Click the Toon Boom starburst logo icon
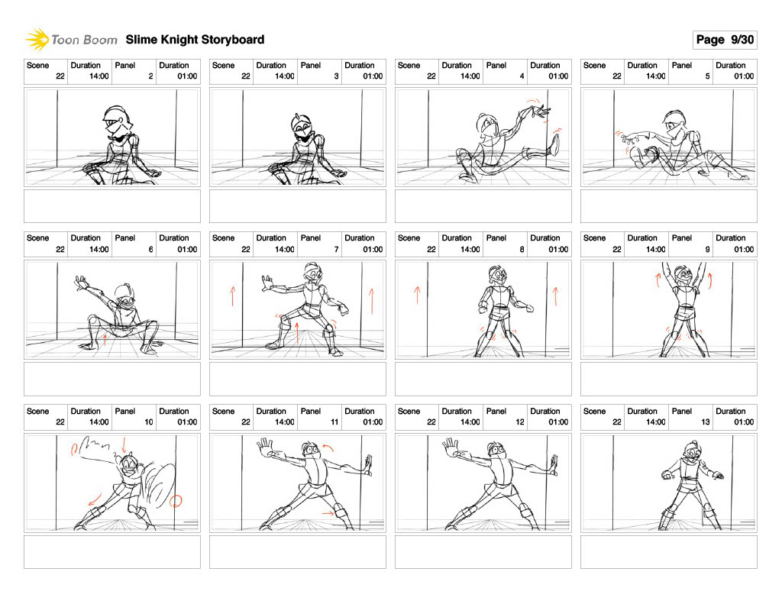pos(37,40)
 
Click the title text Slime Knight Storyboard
pos(195,40)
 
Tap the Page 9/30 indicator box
pos(725,40)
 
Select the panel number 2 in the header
pos(150,76)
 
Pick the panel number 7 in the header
pos(336,250)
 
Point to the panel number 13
pos(705,422)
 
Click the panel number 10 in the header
pos(149,422)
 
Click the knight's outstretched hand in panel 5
pos(629,139)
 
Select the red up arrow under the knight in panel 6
pos(105,340)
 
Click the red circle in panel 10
pos(176,501)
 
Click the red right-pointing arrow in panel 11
pos(328,512)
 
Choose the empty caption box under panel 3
pos(298,206)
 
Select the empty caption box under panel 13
pos(669,551)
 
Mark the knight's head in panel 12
pos(496,450)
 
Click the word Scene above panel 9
pos(594,238)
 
